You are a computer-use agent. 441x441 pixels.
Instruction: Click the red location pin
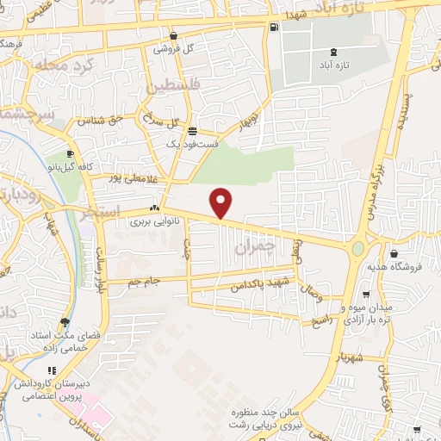tap(222, 202)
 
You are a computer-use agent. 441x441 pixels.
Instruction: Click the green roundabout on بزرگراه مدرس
tap(357, 249)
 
